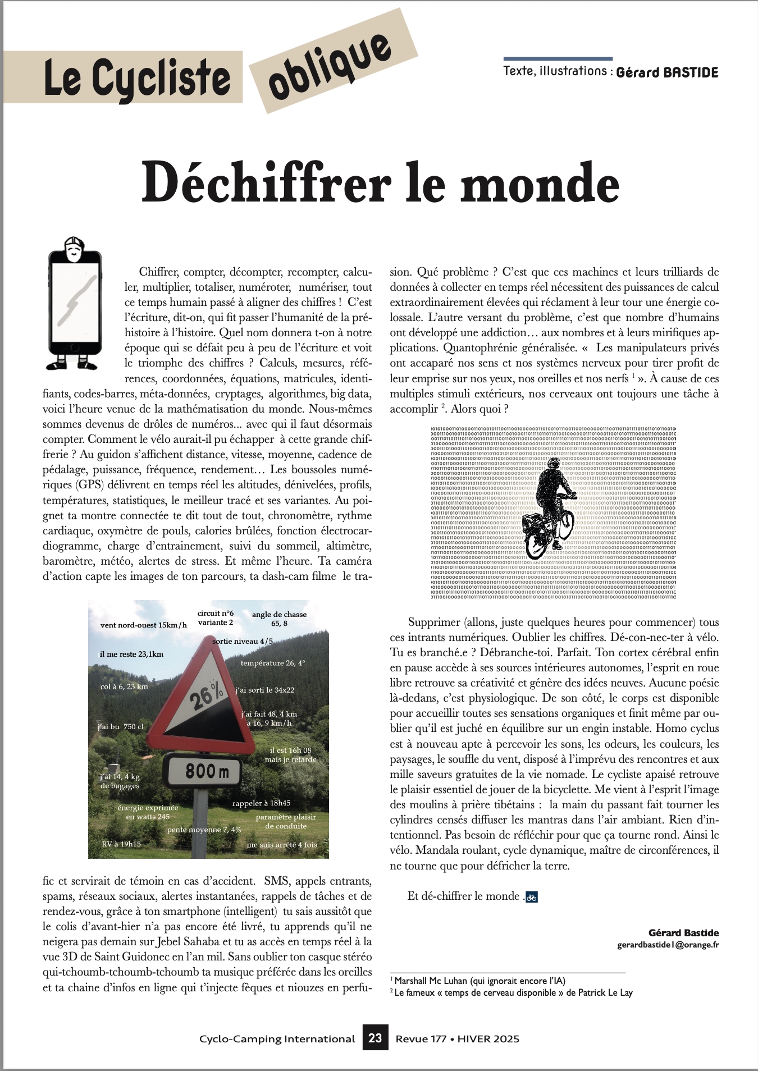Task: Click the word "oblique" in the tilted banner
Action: pyautogui.click(x=330, y=66)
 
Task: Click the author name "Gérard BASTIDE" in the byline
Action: pyautogui.click(x=667, y=72)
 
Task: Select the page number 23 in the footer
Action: pyautogui.click(x=375, y=1038)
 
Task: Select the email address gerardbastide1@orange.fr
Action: pyautogui.click(x=668, y=945)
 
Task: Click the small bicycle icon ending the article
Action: pyautogui.click(x=532, y=896)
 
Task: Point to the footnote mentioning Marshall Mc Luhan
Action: pyautogui.click(x=480, y=981)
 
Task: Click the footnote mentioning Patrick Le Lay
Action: pyautogui.click(x=512, y=992)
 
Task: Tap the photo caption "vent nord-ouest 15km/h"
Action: pyautogui.click(x=144, y=625)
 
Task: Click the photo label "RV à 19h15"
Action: pyautogui.click(x=121, y=844)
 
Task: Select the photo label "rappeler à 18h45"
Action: pyautogui.click(x=261, y=803)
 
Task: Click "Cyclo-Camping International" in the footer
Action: pyautogui.click(x=277, y=1039)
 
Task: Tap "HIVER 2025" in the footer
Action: pyautogui.click(x=488, y=1039)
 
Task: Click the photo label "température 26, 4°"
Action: pyautogui.click(x=273, y=663)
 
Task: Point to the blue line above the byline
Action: pyautogui.click(x=558, y=58)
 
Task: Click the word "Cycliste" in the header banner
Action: pyautogui.click(x=162, y=78)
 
